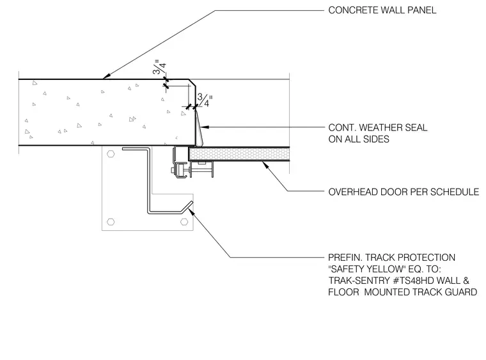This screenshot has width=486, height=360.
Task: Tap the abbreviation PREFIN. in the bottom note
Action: pyautogui.click(x=345, y=258)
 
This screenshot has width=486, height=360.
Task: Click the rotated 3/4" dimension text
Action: pyautogui.click(x=160, y=67)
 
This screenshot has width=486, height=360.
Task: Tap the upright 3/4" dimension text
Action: pyautogui.click(x=205, y=100)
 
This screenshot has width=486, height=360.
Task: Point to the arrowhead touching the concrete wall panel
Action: pyautogui.click(x=106, y=76)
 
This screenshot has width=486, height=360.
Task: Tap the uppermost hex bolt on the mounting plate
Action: pyautogui.click(x=111, y=154)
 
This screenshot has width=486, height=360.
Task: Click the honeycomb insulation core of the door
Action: pyautogui.click(x=239, y=154)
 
